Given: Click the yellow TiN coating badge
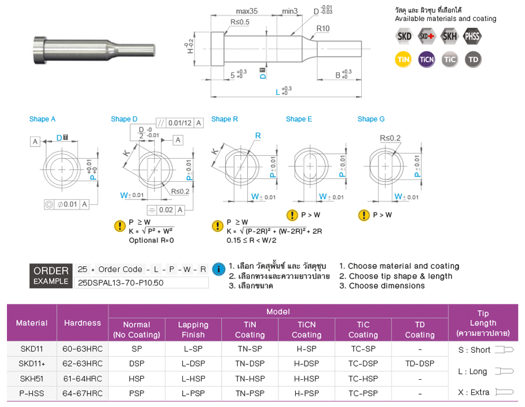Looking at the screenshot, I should pos(403,60).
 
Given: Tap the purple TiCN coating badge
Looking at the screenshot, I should pos(427,60).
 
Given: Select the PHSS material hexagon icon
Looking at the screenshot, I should pos(473,36).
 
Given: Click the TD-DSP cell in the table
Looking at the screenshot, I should pos(420,364).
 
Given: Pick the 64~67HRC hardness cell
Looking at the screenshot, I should pos(83,393).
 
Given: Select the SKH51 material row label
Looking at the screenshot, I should pos(32,379).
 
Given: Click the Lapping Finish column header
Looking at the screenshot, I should pos(193,329).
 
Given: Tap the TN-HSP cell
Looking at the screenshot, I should pos(249,379).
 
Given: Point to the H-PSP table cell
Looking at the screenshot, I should pos(306,393).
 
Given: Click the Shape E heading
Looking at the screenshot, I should pos(299,119).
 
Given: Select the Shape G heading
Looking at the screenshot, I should pos(371,119).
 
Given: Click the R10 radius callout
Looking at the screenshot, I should pos(323,28).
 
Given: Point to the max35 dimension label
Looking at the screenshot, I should pos(247,11).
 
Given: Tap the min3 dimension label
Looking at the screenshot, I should pos(289,11).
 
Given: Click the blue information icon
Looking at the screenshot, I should pos(219,269).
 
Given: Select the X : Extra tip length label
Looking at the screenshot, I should pos(473,392).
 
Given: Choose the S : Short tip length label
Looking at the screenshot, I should pos(474,350).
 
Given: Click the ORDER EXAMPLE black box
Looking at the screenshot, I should pos(51,276).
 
